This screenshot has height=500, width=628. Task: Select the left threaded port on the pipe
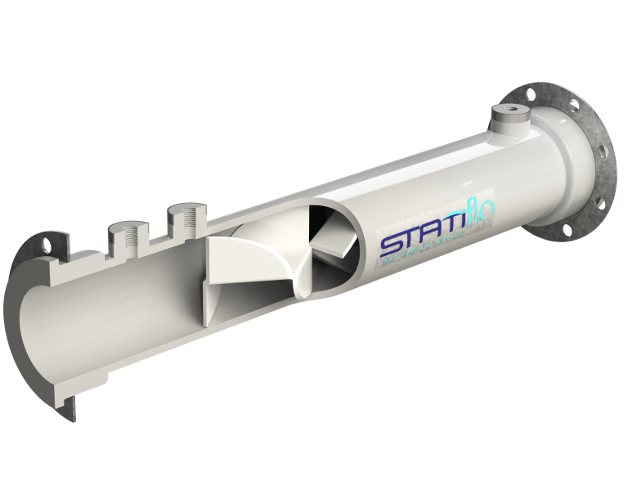[x=125, y=236]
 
